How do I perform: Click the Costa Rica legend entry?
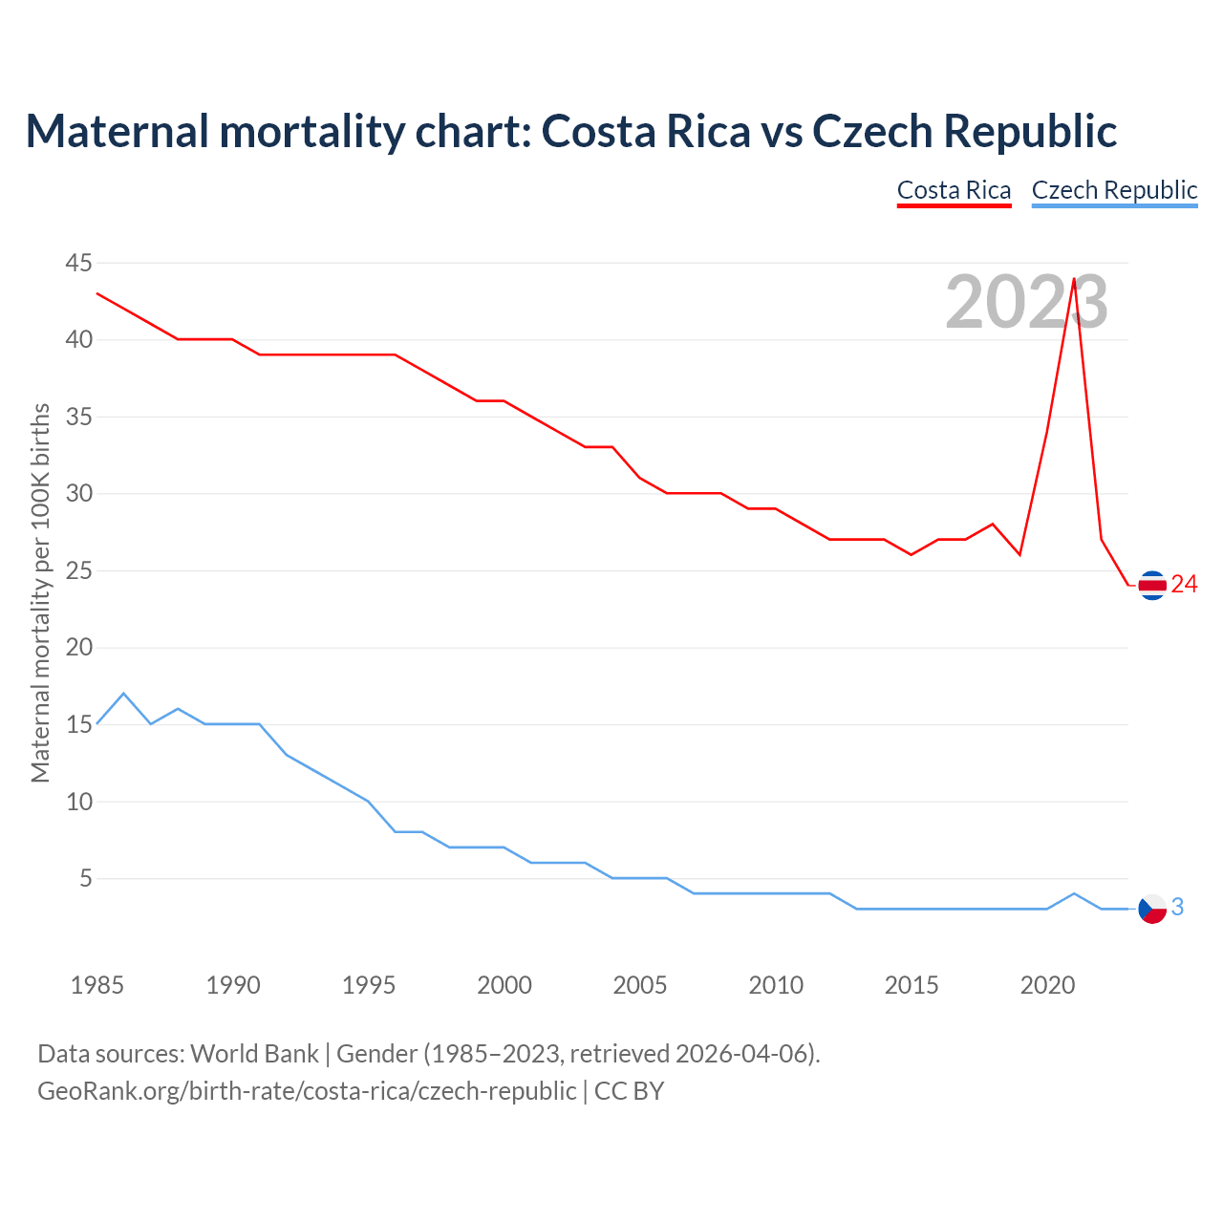click(954, 190)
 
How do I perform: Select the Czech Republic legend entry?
click(1114, 190)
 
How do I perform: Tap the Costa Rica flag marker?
click(1152, 585)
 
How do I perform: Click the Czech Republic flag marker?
click(1152, 909)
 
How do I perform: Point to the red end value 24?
click(1184, 585)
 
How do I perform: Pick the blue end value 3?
click(1177, 908)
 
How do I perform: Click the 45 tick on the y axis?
click(79, 263)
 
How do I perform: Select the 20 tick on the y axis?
click(79, 648)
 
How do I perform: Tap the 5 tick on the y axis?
click(86, 878)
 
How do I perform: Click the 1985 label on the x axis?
click(97, 985)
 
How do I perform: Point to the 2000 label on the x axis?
click(504, 985)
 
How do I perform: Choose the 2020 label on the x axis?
click(1047, 985)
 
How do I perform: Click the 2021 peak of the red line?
click(1074, 279)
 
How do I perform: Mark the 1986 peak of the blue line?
click(123, 694)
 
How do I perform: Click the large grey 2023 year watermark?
click(1026, 303)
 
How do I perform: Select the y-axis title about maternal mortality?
click(40, 593)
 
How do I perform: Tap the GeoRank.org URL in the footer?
click(307, 1090)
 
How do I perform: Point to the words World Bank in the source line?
click(254, 1054)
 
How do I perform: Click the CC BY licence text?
click(629, 1090)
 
